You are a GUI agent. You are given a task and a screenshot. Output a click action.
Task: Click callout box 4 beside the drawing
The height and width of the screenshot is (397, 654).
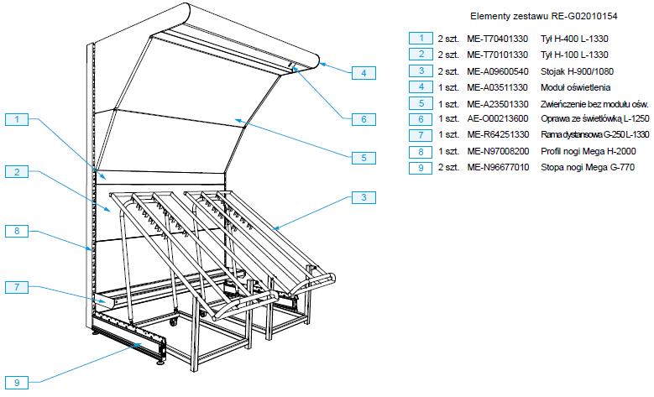pyautogui.click(x=363, y=73)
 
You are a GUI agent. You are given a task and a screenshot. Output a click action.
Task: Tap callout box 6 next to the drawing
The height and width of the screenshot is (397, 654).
pyautogui.click(x=363, y=119)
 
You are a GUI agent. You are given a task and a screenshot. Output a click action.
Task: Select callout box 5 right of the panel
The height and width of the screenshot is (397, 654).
pyautogui.click(x=363, y=157)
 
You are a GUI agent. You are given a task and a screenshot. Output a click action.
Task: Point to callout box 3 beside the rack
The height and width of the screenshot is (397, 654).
pyautogui.click(x=363, y=198)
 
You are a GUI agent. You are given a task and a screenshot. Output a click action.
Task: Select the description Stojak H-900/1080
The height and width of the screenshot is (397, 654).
pyautogui.click(x=573, y=71)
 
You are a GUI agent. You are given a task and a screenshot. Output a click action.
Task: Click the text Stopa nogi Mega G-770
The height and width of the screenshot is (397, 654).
pyautogui.click(x=587, y=168)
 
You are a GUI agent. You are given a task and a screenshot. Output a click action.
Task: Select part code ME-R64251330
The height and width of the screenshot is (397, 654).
pyautogui.click(x=500, y=135)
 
